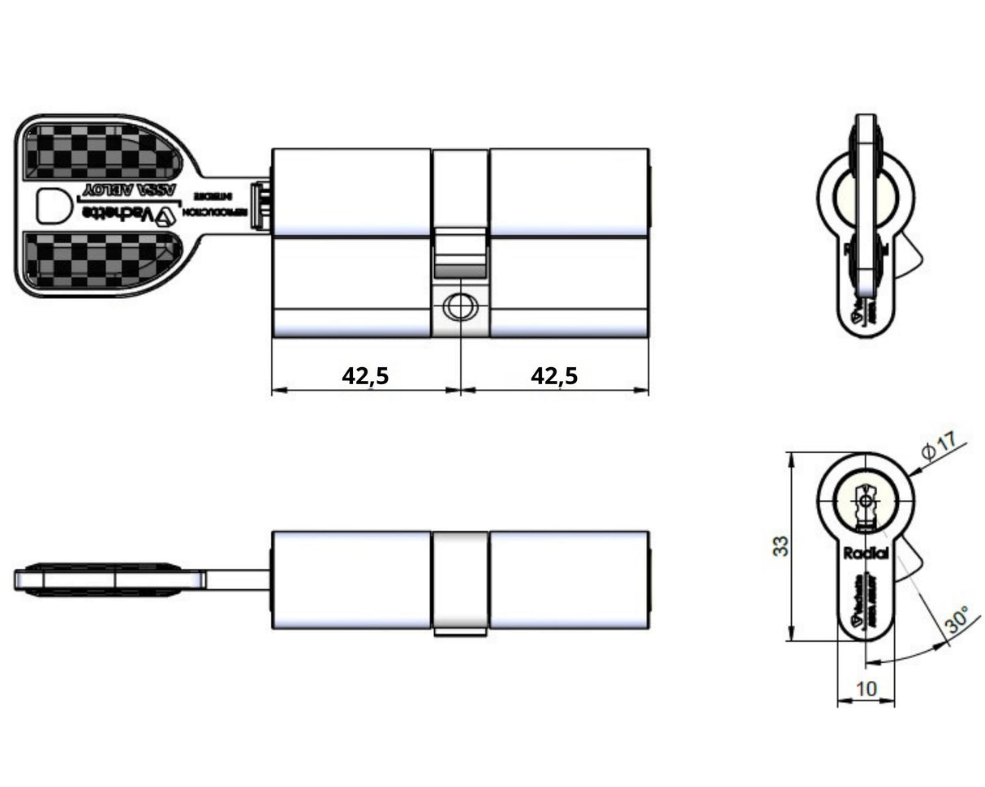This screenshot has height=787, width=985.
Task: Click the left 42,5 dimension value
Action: pos(365,375)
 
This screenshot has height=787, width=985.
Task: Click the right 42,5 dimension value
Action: pos(554,375)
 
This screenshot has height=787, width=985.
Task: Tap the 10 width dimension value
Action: pos(867,689)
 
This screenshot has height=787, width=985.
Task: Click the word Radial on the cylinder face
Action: pos(867,554)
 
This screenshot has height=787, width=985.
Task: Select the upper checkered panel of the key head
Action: pos(101,152)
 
